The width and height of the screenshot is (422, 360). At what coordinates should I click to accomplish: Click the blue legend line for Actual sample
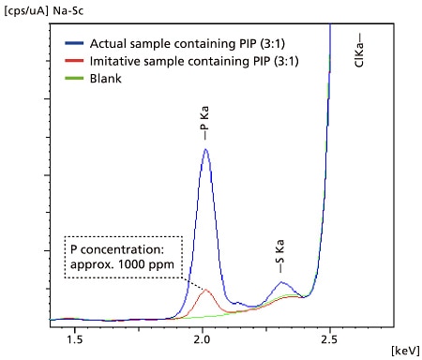coord(75,43)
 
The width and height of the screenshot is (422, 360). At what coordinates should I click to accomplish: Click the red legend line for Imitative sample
coord(75,60)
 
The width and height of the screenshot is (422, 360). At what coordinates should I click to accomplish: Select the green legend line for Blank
coord(75,78)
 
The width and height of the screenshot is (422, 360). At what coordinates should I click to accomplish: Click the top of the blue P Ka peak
coord(204,149)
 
